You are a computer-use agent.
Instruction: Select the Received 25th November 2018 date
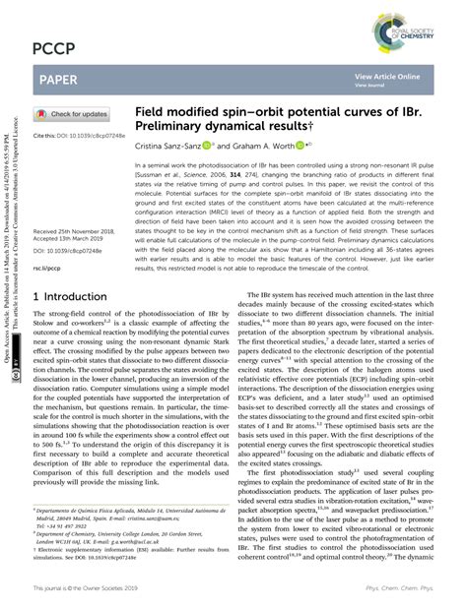pyautogui.click(x=78, y=230)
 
